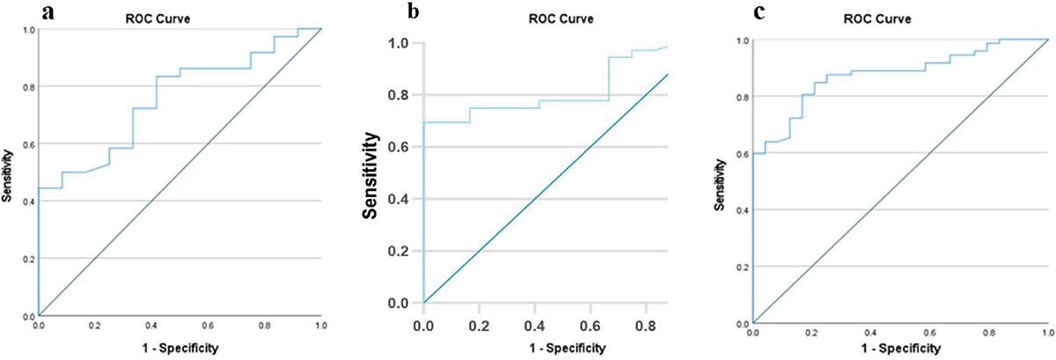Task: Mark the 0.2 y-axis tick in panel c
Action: pos(742,266)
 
